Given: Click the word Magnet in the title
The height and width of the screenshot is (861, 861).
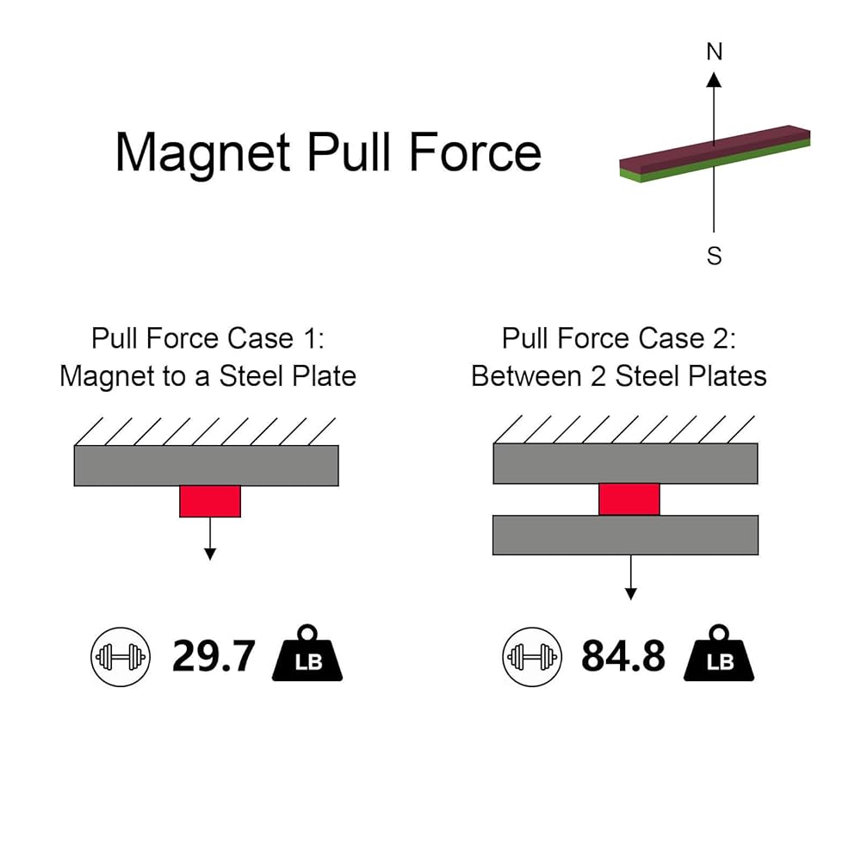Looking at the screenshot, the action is (201, 152).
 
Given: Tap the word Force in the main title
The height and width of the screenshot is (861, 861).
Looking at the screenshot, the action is (475, 152).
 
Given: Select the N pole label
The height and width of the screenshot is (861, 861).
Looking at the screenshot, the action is (714, 52).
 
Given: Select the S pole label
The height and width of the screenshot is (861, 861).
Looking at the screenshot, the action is (714, 256).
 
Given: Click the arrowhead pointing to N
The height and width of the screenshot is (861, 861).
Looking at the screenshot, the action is (714, 79).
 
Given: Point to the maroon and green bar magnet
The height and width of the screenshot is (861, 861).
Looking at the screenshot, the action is (715, 152).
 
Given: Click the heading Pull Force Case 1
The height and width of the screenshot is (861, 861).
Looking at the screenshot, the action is (208, 338).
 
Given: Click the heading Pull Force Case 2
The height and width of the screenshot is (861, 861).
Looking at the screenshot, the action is (618, 338).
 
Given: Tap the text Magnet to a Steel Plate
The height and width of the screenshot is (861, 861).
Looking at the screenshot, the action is (208, 376).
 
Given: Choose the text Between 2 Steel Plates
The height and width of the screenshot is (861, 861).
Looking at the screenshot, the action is (618, 376).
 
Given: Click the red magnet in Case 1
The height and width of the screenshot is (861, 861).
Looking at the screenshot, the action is (209, 501).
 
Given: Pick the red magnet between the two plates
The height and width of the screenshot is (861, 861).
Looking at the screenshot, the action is (629, 499).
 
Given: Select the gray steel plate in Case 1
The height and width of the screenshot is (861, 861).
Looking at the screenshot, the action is (207, 466).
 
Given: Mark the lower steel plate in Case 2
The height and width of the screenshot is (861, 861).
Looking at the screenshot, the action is (625, 535).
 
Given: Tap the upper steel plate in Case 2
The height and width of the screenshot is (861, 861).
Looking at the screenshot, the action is (625, 463).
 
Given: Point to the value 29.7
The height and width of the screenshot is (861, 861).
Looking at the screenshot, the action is (214, 657).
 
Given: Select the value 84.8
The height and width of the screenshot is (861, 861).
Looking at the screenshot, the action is (623, 657).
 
